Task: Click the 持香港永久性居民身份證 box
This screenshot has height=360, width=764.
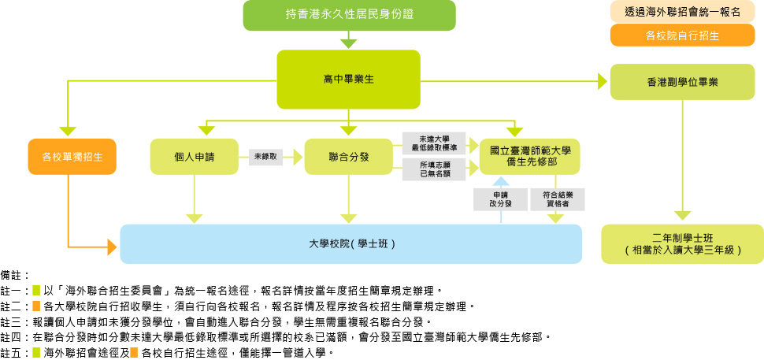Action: (x=349, y=15)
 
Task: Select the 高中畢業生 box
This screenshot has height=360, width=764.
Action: (x=348, y=80)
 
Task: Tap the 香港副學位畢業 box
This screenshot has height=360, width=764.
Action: (x=682, y=81)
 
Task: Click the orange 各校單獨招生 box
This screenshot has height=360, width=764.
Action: (x=72, y=156)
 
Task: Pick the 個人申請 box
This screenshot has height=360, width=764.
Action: (x=195, y=156)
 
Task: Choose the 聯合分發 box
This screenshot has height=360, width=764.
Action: (x=348, y=156)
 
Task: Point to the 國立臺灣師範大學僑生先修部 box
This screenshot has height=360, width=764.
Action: (x=530, y=155)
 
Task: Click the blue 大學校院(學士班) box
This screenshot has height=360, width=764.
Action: (x=350, y=243)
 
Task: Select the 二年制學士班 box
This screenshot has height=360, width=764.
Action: (x=682, y=243)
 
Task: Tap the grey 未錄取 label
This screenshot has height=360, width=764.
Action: (x=265, y=156)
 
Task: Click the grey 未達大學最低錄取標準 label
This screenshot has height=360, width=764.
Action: (x=432, y=143)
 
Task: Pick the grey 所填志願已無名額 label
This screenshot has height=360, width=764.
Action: (x=432, y=169)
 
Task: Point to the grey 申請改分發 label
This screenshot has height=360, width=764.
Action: (x=502, y=199)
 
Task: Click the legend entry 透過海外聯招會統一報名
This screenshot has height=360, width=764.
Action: (x=682, y=12)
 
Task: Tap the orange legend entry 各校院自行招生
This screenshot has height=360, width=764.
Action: (x=682, y=35)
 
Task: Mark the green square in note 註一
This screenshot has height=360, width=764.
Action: (x=36, y=291)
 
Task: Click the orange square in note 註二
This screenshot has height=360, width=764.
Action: (x=36, y=306)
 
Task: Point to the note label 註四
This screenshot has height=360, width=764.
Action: (x=13, y=336)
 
